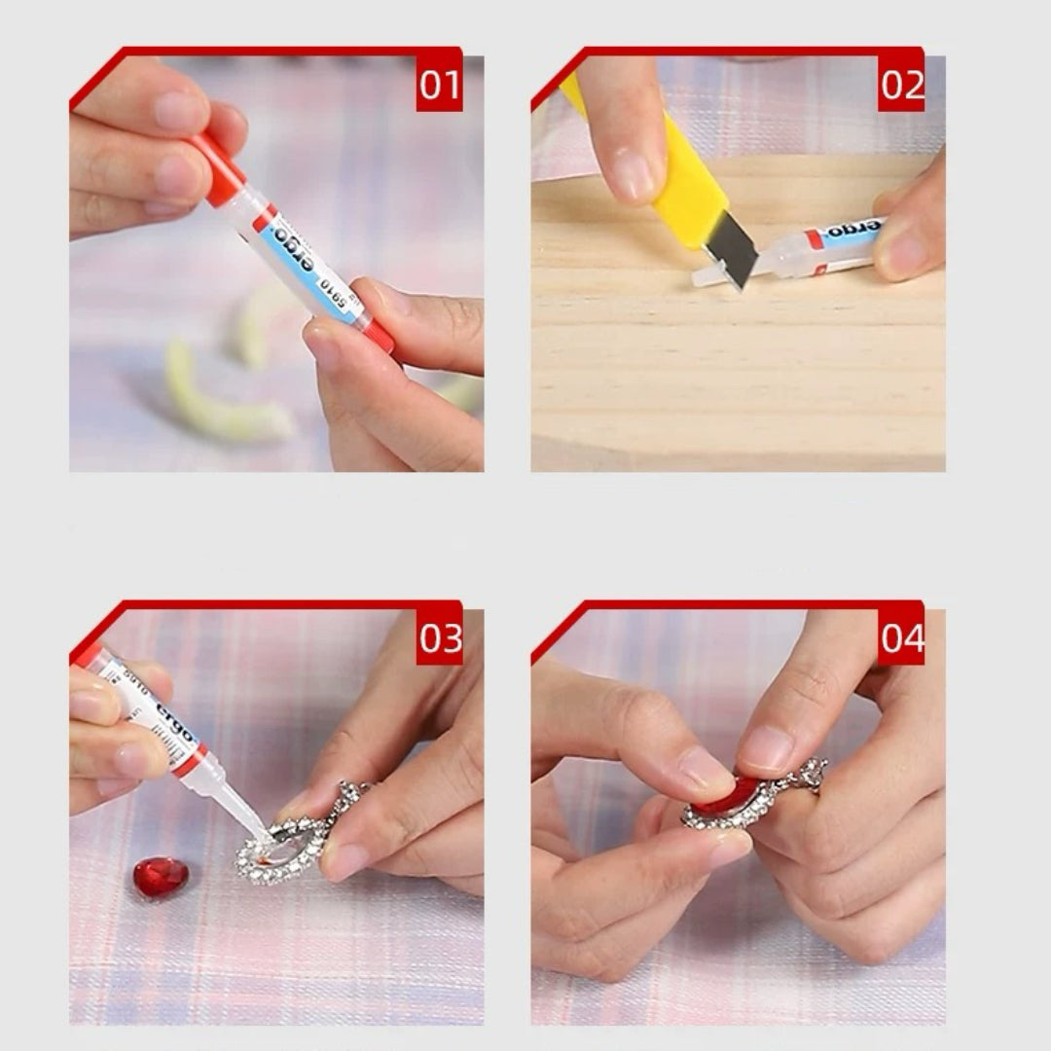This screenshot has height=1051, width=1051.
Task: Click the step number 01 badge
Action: (439, 86)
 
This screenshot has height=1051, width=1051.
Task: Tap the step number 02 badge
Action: (901, 86)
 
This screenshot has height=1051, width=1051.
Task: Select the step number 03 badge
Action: (440, 639)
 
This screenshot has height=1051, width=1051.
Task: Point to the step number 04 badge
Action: (901, 639)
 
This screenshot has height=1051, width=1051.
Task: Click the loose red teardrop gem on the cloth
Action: (161, 876)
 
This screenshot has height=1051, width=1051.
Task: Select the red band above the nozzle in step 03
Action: (190, 760)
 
